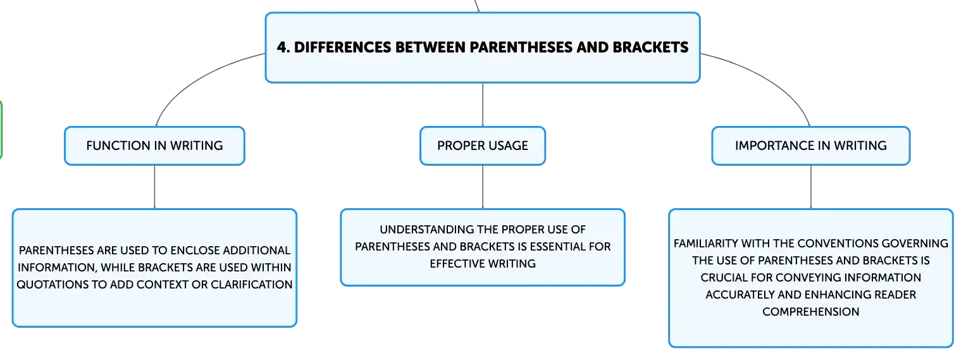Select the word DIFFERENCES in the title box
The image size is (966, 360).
point(342,47)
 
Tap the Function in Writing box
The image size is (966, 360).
point(154,146)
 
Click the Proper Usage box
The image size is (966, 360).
point(483,146)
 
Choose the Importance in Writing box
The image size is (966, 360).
point(811,146)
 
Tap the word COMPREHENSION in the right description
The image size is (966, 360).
point(811,312)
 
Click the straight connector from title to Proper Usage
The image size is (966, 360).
point(483,104)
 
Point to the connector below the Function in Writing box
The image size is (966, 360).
point(154,187)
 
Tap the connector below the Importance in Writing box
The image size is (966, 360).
point(811,187)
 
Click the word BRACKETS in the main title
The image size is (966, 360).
point(650,47)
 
